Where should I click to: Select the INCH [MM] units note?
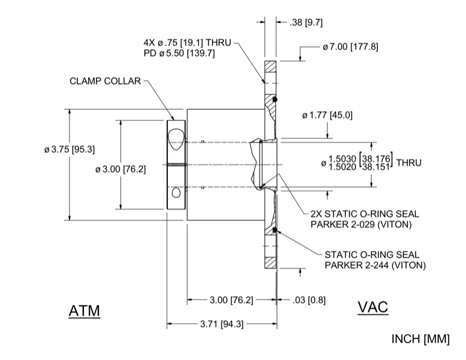421,339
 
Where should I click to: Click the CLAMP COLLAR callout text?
105,80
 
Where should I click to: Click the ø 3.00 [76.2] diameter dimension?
121,169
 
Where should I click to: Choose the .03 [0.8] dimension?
309,300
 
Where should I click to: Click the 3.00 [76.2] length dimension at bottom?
231,300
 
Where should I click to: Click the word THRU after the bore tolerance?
409,162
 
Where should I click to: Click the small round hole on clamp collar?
176,193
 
